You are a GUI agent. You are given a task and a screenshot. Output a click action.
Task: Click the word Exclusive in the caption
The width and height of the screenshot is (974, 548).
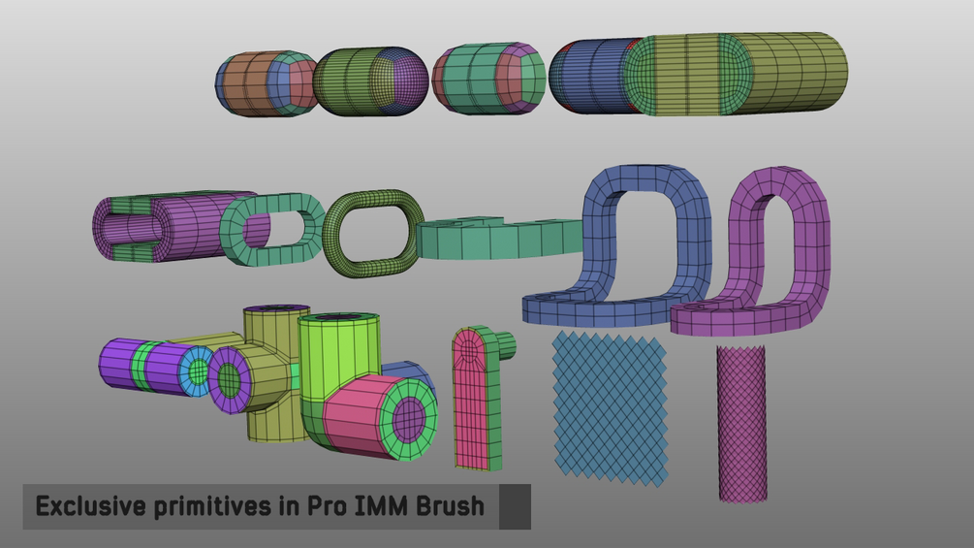91,505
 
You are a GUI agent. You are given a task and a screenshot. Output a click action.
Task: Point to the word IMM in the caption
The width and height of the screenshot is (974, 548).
382,506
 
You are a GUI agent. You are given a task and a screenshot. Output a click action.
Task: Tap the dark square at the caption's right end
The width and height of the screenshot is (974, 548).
515,507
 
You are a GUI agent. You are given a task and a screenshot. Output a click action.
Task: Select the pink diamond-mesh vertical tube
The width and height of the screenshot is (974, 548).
741,424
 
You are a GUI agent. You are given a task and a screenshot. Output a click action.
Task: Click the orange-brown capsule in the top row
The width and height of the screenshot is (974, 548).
246,83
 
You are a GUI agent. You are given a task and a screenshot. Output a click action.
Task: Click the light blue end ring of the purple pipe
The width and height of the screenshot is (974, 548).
198,372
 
